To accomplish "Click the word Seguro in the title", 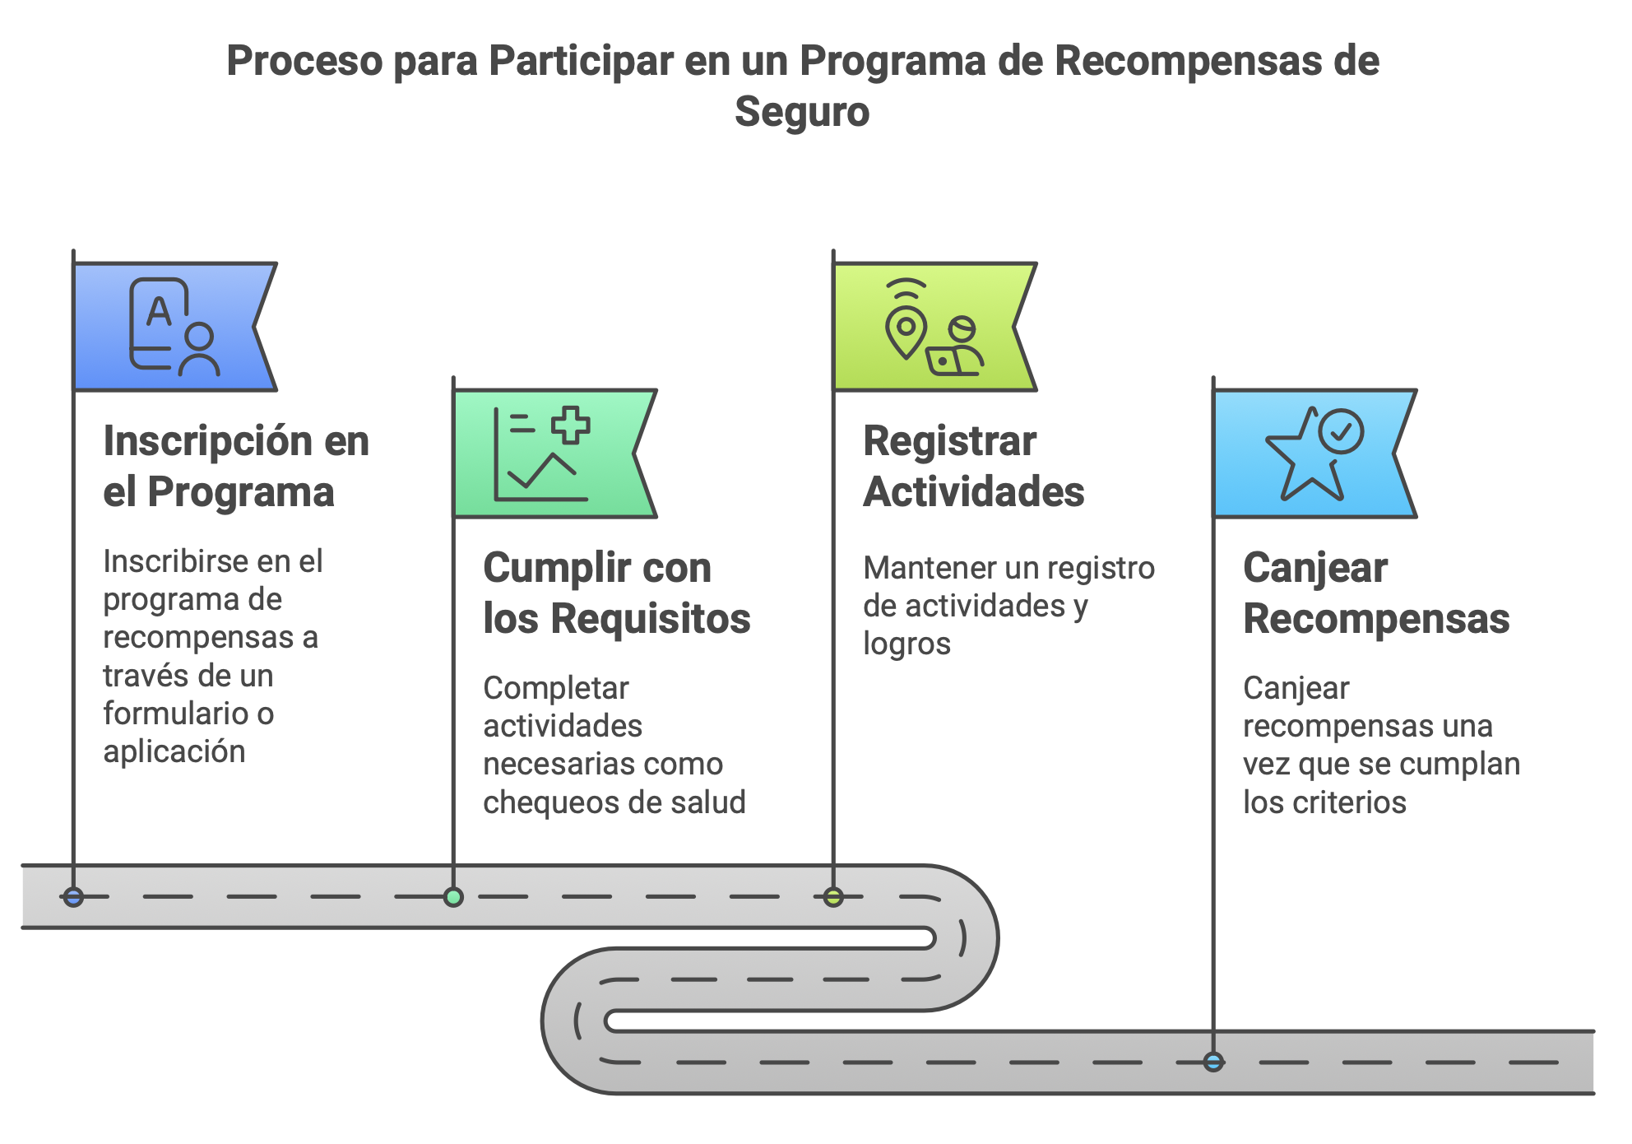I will pyautogui.click(x=802, y=112).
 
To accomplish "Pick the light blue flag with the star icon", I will pyautogui.click(x=1314, y=453).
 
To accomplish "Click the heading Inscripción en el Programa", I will pyautogui.click(x=236, y=466).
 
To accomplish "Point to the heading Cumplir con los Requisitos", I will pyautogui.click(x=616, y=593).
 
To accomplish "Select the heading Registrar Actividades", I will pyautogui.click(x=973, y=466).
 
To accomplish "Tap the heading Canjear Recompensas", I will pyautogui.click(x=1375, y=593).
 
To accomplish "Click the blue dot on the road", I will pyautogui.click(x=73, y=897).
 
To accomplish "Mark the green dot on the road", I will pyautogui.click(x=453, y=897).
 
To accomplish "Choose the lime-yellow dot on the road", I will pyautogui.click(x=833, y=897).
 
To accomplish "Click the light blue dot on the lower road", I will pyautogui.click(x=1213, y=1062).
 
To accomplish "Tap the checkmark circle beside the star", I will pyautogui.click(x=1341, y=430).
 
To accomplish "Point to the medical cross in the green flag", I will pyautogui.click(x=570, y=425).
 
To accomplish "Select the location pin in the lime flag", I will pyautogui.click(x=906, y=331).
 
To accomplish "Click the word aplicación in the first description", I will pyautogui.click(x=174, y=751).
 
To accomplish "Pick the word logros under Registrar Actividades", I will pyautogui.click(x=906, y=644).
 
